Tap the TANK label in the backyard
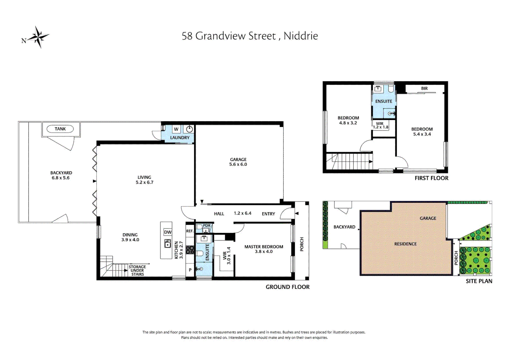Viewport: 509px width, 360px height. [x=60, y=129]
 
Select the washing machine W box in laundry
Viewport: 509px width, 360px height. [x=176, y=129]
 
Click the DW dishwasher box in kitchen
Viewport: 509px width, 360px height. [x=168, y=232]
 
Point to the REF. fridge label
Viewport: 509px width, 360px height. [x=190, y=231]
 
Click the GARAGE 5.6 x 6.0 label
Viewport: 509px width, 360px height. [x=238, y=162]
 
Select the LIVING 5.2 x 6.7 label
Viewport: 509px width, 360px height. [x=144, y=180]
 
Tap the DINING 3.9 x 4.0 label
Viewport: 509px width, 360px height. [x=130, y=237]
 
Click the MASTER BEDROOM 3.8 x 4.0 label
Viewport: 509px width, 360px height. [x=263, y=249]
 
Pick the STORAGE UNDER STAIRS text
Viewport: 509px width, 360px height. [x=137, y=270]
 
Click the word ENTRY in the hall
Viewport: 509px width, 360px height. [x=268, y=214]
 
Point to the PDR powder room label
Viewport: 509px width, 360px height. [x=207, y=226]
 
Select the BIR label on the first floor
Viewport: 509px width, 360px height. [x=424, y=88]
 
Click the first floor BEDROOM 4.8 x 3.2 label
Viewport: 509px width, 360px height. [x=348, y=120]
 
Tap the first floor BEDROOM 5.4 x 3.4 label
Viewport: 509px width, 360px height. [x=422, y=132]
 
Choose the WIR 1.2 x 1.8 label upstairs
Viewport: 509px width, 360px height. [x=380, y=125]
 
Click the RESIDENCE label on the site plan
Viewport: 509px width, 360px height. [x=405, y=244]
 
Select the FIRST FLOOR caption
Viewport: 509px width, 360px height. [x=431, y=178]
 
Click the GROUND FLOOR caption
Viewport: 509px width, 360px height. [x=287, y=287]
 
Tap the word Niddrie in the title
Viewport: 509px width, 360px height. [x=300, y=36]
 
